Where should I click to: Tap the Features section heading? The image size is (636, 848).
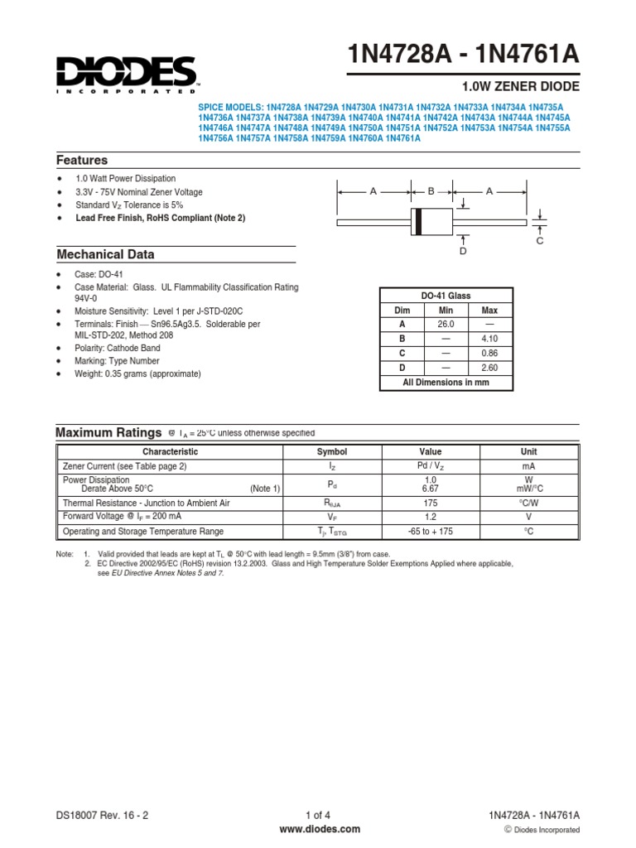82,160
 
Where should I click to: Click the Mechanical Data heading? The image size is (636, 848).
105,254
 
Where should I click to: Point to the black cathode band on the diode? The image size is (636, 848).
418,221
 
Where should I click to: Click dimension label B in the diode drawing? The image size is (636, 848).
431,191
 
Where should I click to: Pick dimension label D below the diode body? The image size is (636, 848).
463,250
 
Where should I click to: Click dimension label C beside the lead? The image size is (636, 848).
539,240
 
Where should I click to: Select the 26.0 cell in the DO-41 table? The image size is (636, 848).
446,325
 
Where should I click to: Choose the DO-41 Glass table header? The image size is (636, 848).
446,296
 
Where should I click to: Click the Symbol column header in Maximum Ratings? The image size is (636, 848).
332,452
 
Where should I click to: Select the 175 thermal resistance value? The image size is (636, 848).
430,503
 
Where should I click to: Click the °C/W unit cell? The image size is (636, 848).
528,503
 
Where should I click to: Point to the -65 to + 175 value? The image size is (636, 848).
430,532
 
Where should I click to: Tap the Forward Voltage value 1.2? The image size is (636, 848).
430,517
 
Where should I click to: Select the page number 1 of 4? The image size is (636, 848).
318,815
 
